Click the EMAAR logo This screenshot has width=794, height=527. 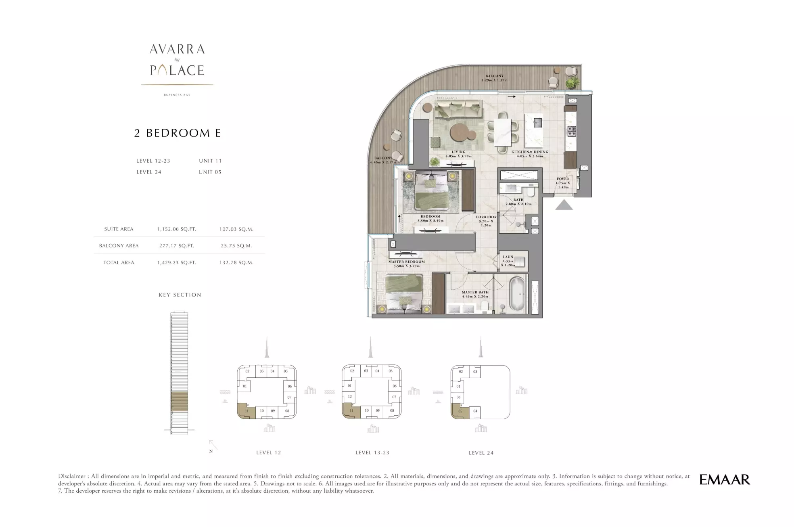click(725, 479)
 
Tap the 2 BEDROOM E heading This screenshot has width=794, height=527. click(178, 133)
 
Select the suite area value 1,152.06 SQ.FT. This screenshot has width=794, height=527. click(177, 229)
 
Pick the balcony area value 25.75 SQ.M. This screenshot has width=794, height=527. click(236, 246)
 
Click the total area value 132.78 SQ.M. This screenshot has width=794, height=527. click(236, 263)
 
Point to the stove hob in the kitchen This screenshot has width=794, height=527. click(572, 131)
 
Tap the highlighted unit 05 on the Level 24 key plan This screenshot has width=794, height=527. click(460, 412)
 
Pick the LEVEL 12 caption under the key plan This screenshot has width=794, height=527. click(269, 453)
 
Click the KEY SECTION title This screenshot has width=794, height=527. click(180, 295)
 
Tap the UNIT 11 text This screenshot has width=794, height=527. click(210, 161)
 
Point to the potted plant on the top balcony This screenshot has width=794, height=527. click(572, 83)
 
